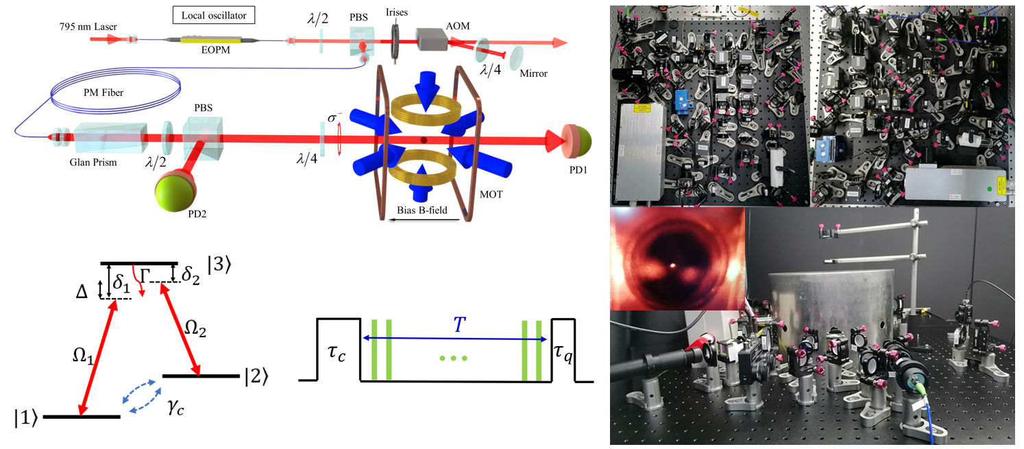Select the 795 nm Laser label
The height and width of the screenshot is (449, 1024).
(87, 27)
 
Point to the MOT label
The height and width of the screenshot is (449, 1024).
(490, 195)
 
